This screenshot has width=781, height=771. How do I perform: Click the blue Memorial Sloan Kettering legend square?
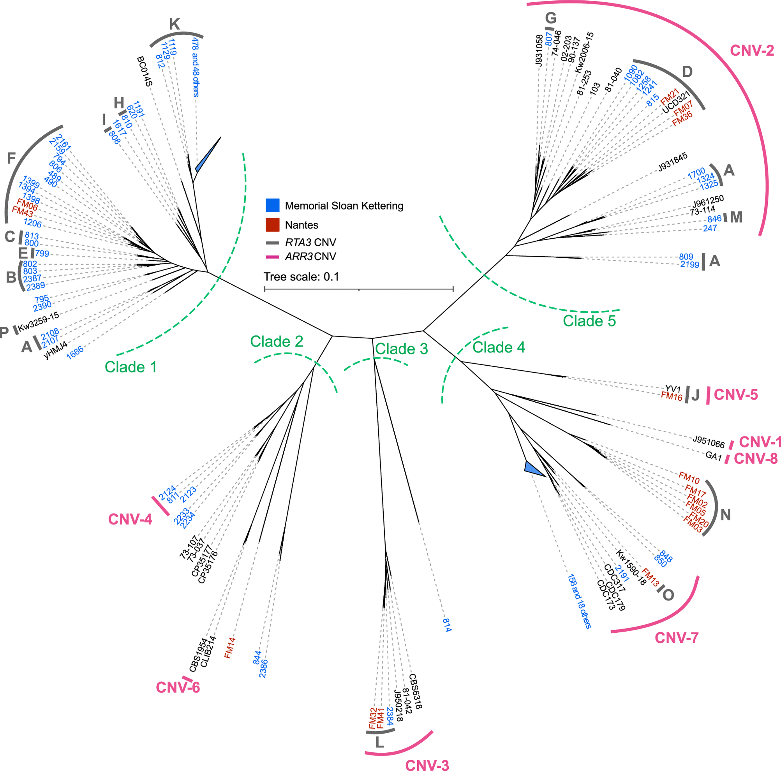pos(272,205)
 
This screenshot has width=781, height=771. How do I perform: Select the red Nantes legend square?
pos(272,225)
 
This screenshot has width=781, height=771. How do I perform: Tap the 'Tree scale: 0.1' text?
pos(301,277)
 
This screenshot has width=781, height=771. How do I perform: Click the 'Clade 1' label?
pos(130,367)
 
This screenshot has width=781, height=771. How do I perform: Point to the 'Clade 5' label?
pos(589,321)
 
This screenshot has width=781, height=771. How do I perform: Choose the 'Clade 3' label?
pos(402,349)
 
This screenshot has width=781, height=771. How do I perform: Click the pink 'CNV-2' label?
pos(752,51)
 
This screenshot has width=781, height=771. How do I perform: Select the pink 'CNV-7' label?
pos(676,638)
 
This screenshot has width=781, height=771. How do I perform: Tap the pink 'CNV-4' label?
pos(130,519)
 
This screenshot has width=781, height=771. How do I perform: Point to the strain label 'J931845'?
pos(673,162)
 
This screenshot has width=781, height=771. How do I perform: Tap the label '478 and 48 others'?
pos(195,67)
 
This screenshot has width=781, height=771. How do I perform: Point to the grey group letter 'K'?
pos(174,24)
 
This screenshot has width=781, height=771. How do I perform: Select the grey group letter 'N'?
pos(726,515)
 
